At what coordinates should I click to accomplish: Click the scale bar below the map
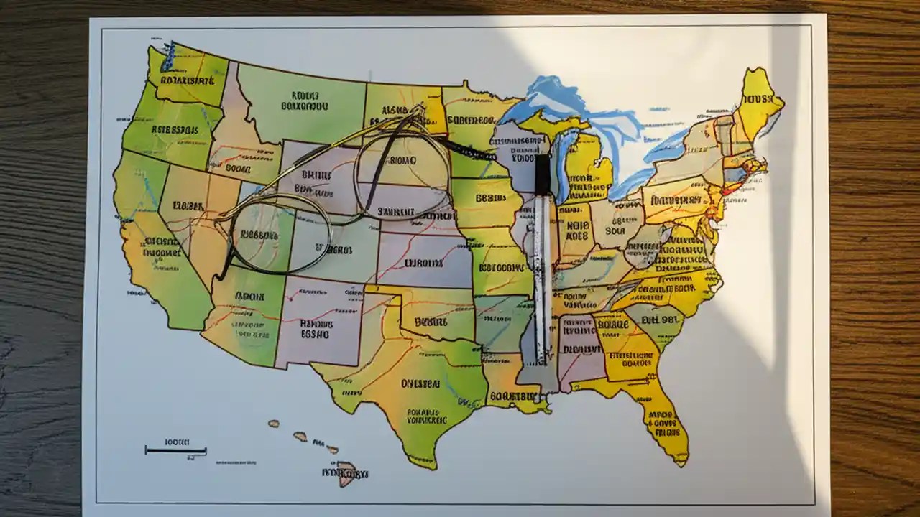pos(175,451)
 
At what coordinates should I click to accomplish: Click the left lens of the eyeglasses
pos(279,233)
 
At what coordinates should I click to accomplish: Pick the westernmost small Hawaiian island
pos(274,424)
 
